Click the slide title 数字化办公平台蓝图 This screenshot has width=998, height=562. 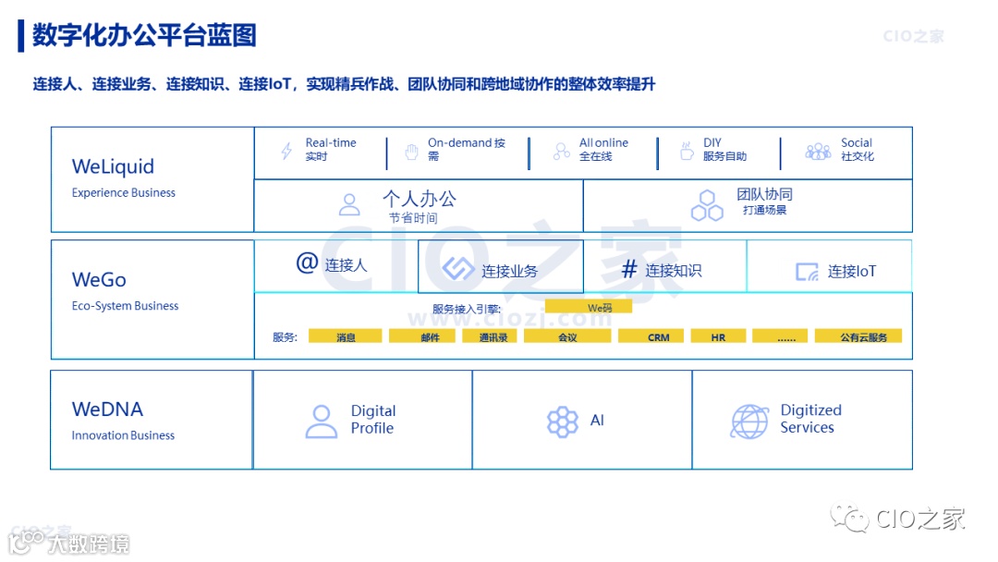click(x=144, y=35)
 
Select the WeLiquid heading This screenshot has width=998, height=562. click(x=113, y=167)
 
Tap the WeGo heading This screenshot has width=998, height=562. click(x=99, y=280)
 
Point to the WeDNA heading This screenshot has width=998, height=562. click(x=107, y=409)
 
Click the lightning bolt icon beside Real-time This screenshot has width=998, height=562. click(x=286, y=151)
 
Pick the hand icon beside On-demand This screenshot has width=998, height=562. click(x=411, y=151)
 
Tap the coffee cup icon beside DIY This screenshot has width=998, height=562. click(x=686, y=151)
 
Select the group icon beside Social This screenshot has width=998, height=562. click(x=818, y=151)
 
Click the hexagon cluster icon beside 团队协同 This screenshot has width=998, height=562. click(x=708, y=205)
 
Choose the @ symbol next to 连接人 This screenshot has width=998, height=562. click(x=307, y=263)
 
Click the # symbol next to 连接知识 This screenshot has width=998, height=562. click(x=629, y=270)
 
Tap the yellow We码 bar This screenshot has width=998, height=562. click(x=589, y=307)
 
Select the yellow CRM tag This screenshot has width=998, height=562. click(x=659, y=337)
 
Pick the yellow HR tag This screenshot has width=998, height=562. click(x=718, y=337)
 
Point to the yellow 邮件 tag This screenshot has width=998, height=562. click(x=430, y=337)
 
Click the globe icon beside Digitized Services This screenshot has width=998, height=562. click(x=748, y=421)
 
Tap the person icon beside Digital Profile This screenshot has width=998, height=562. click(x=322, y=421)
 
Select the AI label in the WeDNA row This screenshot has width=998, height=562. click(x=597, y=421)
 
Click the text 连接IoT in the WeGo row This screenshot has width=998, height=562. click(x=851, y=272)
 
